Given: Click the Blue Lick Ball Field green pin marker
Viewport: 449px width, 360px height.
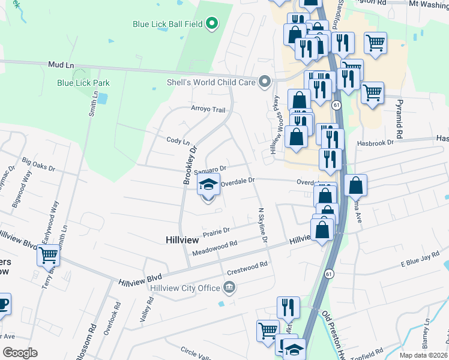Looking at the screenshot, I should pyautogui.click(x=211, y=24).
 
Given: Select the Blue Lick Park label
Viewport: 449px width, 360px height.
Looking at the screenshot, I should pyautogui.click(x=83, y=83).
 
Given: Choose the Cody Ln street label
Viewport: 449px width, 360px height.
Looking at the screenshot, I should pyautogui.click(x=178, y=140).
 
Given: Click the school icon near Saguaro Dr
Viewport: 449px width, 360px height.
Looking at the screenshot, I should pyautogui.click(x=208, y=184).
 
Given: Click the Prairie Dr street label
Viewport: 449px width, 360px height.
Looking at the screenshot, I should pyautogui.click(x=218, y=231).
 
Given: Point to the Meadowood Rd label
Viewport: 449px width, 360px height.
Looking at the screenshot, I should pyautogui.click(x=215, y=248).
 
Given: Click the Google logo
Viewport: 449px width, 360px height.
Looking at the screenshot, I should pyautogui.click(x=20, y=353).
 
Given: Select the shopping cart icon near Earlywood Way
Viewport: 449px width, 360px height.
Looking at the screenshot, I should pyautogui.click(x=48, y=255).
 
